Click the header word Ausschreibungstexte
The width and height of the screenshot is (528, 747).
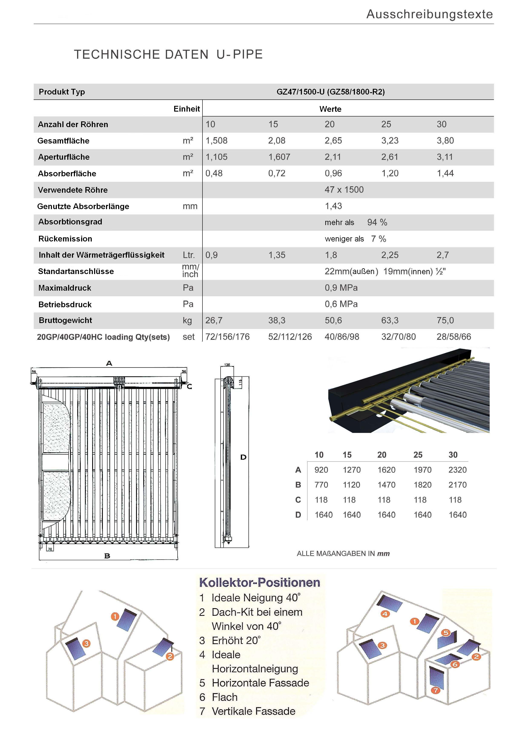click(x=429, y=14)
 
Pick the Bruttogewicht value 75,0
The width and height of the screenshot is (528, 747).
click(x=445, y=320)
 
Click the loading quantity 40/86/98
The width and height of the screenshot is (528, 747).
click(x=342, y=337)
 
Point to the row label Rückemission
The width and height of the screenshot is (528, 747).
click(x=65, y=239)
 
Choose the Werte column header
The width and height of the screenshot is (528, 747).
click(x=330, y=109)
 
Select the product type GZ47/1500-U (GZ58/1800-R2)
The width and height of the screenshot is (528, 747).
click(x=330, y=92)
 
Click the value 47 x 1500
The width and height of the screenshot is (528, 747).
click(x=344, y=190)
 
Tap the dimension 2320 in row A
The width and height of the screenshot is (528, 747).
click(x=457, y=470)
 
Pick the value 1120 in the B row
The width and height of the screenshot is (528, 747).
click(x=351, y=485)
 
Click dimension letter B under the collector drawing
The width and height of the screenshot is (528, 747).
click(x=107, y=556)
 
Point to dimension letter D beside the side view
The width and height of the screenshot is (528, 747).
click(x=243, y=457)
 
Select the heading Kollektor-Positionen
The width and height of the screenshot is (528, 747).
click(x=260, y=582)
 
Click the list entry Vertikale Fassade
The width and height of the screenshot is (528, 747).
click(x=253, y=711)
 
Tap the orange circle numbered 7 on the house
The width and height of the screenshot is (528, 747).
click(x=435, y=690)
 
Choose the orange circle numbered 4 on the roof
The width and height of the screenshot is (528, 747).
click(x=385, y=614)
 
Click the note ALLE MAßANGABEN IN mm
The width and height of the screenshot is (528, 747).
click(x=343, y=554)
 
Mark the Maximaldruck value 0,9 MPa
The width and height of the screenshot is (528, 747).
click(x=341, y=288)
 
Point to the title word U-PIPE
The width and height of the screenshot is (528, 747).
click(x=240, y=54)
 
